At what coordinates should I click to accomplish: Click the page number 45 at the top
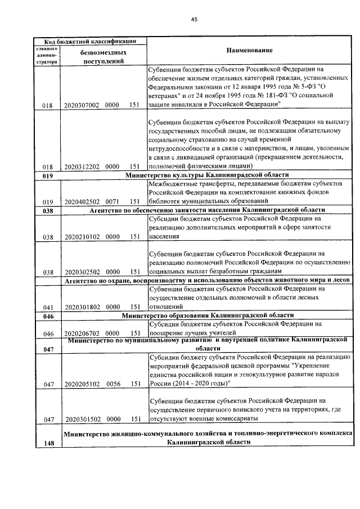[x=194, y=19]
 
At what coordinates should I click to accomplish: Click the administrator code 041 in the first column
[x=47, y=307]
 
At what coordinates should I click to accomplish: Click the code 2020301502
[x=82, y=419]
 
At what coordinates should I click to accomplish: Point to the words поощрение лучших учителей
[x=186, y=333]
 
